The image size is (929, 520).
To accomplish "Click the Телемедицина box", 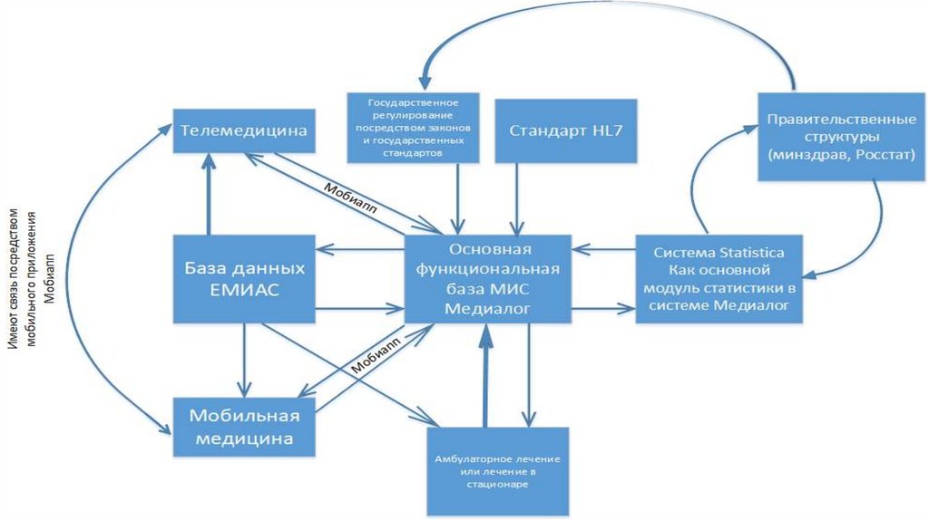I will [x=242, y=131].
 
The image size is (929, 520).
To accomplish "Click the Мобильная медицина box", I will [x=244, y=427].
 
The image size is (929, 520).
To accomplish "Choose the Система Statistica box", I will [x=719, y=279].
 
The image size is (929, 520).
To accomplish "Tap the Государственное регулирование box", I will [x=411, y=127].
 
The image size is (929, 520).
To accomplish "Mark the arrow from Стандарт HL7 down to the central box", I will [x=517, y=199].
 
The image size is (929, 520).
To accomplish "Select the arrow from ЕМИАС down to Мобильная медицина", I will [x=244, y=358].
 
